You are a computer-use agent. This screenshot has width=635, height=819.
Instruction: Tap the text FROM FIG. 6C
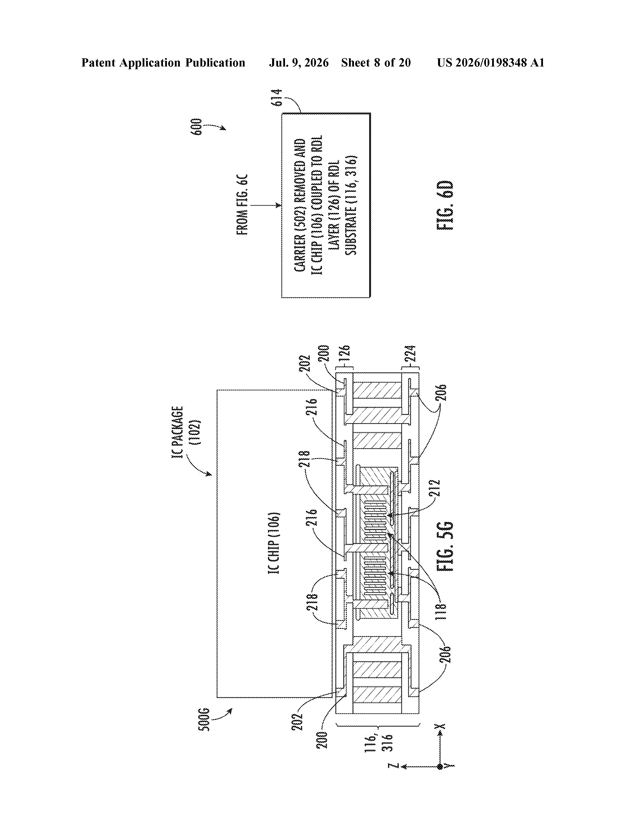coord(243,205)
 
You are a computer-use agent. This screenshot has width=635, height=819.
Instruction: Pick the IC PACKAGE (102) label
coord(186,432)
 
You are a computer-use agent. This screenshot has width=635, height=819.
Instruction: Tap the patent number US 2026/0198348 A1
coord(490,63)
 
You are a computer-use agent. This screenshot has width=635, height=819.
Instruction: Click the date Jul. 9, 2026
coord(299,63)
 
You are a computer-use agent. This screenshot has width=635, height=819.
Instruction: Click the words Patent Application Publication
coord(163,63)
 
